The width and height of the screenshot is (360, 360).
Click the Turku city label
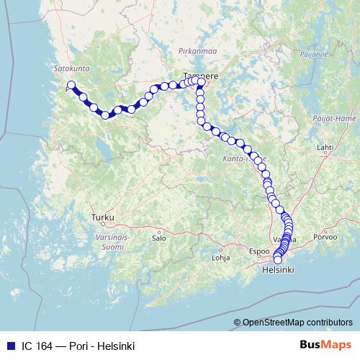click(x=102, y=216)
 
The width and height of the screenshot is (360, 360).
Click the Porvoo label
click(x=325, y=236)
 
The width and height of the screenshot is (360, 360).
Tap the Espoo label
click(x=258, y=253)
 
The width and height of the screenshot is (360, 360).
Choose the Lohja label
click(x=220, y=257)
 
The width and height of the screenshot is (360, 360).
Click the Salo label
click(x=160, y=237)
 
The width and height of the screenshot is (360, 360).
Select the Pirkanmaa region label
click(x=193, y=52)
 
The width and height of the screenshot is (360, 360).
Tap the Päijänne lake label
click(x=315, y=53)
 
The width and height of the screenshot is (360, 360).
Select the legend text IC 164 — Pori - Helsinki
click(x=78, y=346)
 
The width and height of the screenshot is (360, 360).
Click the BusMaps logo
click(x=326, y=346)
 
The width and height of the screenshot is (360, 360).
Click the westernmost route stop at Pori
click(x=71, y=85)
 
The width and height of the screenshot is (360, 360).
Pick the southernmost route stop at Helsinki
click(x=277, y=260)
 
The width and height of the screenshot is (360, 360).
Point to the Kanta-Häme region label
click(x=246, y=157)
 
